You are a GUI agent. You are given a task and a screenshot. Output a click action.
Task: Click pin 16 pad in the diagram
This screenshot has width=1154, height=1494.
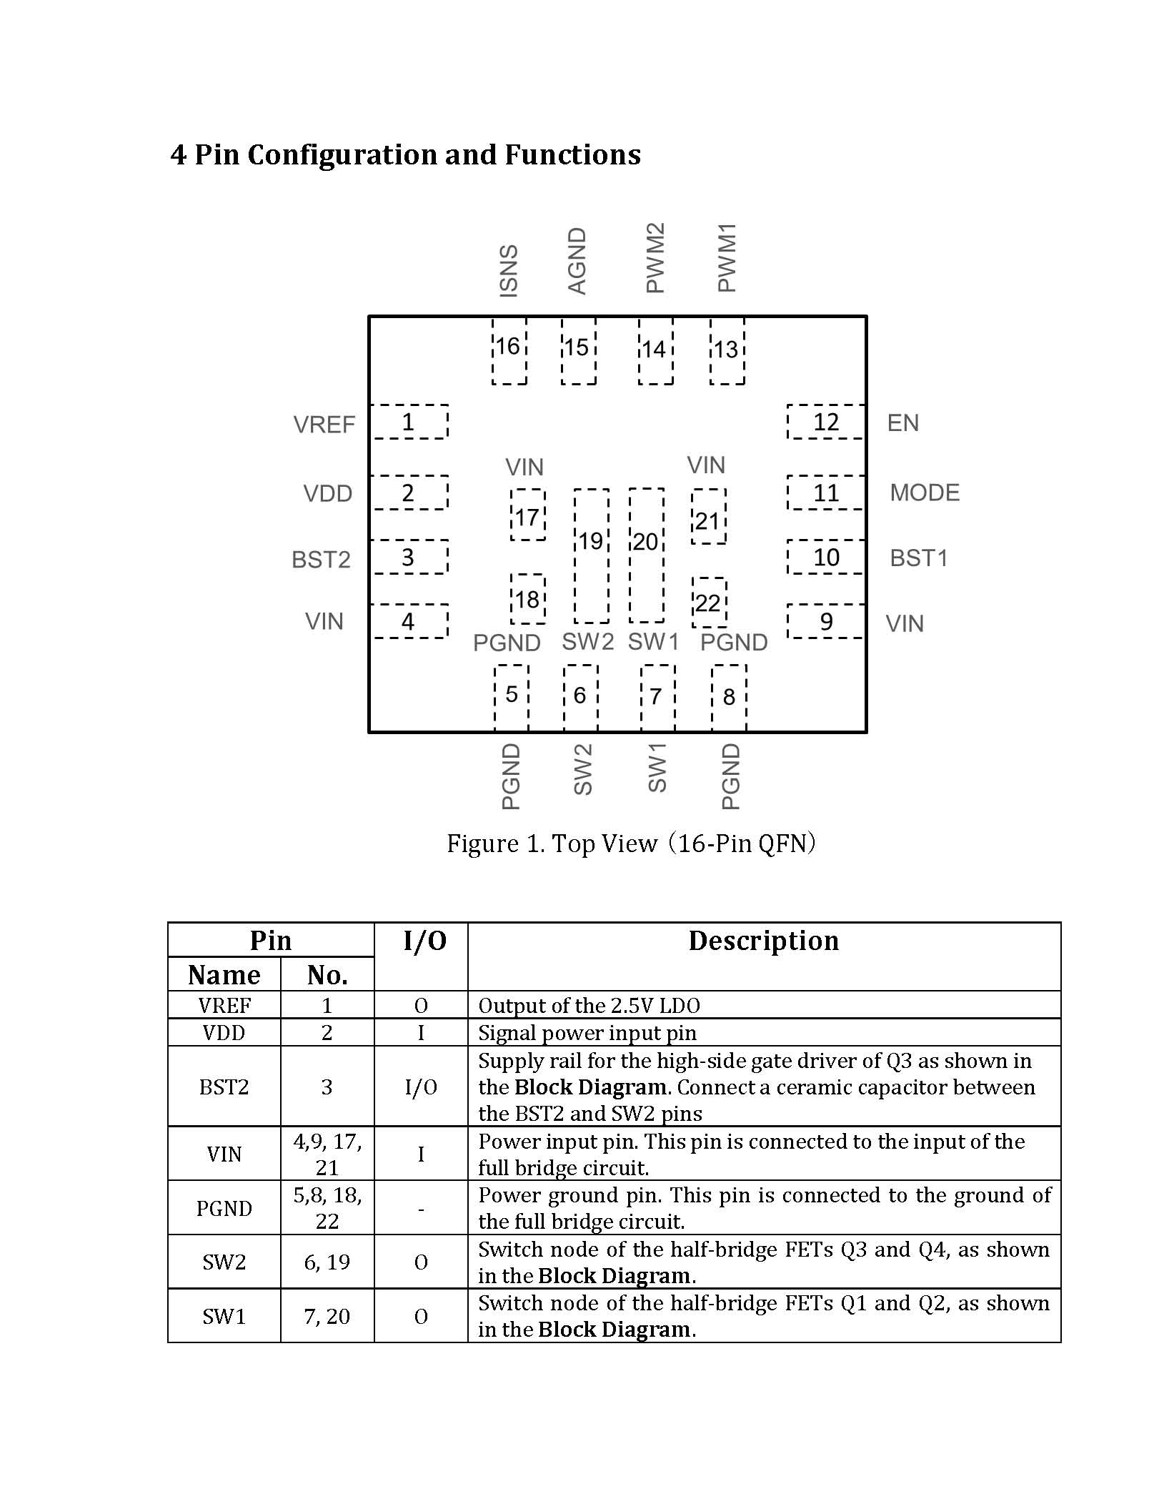click(509, 350)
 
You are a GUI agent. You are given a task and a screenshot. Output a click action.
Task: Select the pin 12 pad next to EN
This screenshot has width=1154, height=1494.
click(826, 422)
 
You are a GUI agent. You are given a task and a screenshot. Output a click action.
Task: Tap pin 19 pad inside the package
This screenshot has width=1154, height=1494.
click(592, 555)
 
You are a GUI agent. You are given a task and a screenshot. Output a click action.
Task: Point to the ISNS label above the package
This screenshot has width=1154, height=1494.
click(508, 270)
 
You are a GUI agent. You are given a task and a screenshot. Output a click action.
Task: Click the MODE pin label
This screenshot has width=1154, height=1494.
click(925, 493)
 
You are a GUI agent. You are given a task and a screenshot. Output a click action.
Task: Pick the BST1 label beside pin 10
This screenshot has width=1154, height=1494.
click(919, 558)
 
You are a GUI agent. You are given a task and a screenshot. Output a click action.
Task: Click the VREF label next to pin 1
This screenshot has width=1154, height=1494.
click(324, 425)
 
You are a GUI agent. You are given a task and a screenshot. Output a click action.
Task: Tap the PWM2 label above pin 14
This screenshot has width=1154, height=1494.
click(655, 257)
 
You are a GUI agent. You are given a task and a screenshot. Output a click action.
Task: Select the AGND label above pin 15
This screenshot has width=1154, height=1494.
click(577, 261)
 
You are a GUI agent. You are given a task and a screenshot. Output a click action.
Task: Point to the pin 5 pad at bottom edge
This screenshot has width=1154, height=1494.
click(512, 698)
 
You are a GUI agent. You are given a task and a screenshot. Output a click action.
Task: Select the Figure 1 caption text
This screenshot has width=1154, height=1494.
click(632, 844)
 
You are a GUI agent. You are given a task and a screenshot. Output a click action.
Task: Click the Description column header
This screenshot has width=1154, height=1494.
click(764, 941)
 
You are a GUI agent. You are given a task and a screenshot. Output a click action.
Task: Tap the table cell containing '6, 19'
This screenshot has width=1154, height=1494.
click(327, 1262)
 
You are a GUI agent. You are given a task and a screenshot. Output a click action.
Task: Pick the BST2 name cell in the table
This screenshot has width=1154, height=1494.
click(224, 1087)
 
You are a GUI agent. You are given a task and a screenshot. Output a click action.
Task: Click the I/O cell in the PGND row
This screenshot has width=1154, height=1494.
click(421, 1208)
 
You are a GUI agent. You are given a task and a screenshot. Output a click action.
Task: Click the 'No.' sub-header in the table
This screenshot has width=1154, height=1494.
click(327, 975)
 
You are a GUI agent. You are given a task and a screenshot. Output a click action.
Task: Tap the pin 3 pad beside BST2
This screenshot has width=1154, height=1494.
click(409, 557)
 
